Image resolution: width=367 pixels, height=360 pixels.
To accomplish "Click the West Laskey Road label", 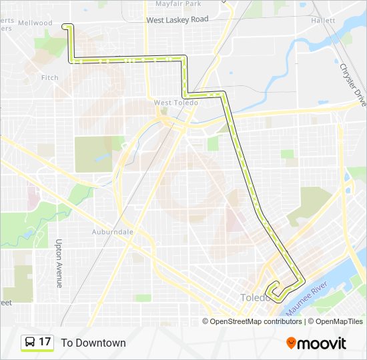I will [x=177, y=20].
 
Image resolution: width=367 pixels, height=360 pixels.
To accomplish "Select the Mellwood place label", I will [x=35, y=23].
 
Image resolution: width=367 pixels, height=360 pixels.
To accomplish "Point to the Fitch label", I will [x=50, y=78].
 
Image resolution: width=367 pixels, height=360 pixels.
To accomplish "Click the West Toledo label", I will [x=175, y=103].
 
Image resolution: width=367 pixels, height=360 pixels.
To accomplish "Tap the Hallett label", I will [x=323, y=21].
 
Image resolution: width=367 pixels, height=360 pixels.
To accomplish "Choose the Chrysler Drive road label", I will [x=353, y=85].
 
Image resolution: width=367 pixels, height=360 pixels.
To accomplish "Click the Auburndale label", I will [x=113, y=231].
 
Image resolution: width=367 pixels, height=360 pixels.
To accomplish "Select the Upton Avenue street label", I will [x=59, y=263].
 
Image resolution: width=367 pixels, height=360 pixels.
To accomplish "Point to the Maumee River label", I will [x=306, y=299].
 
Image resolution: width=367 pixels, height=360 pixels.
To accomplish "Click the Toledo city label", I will [x=254, y=297].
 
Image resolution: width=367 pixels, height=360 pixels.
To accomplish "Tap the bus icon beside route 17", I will [x=30, y=343].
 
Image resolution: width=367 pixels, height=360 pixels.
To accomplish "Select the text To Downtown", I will [x=93, y=343].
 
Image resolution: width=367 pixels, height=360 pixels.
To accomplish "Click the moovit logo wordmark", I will [x=322, y=343].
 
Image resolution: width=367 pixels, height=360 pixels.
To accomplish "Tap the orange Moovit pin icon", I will [x=292, y=343].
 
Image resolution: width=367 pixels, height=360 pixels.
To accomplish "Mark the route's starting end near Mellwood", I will [x=64, y=26].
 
